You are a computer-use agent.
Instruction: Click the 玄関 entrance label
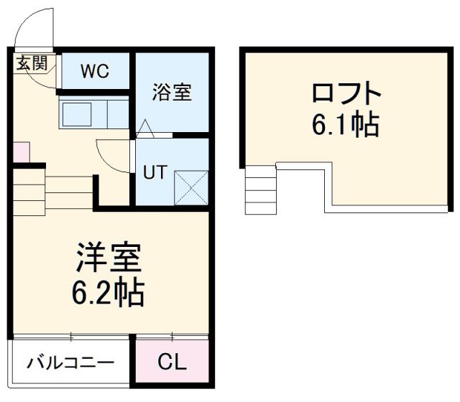pyautogui.click(x=32, y=62)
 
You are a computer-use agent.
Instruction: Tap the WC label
pyautogui.click(x=94, y=71)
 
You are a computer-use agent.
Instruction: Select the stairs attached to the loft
pyautogui.click(x=260, y=190)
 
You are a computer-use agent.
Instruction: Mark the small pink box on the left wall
pyautogui.click(x=20, y=152)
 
